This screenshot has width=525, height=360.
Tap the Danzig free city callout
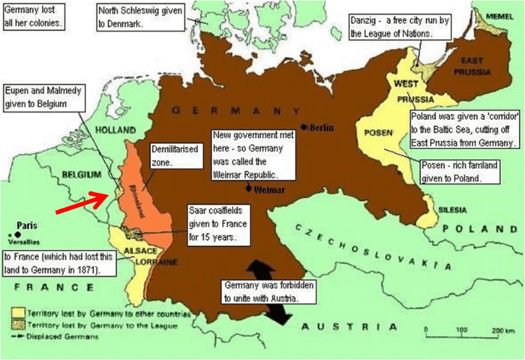(x=399, y=28)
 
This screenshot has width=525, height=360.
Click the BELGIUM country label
(x=81, y=174)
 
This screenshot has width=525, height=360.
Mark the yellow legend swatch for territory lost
(x=14, y=310)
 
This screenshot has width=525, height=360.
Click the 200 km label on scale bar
(x=499, y=331)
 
